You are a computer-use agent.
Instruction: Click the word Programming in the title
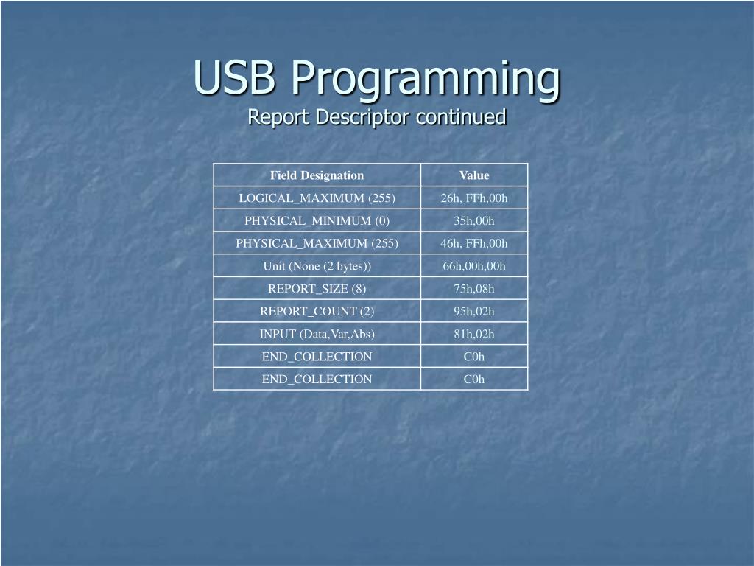(x=424, y=78)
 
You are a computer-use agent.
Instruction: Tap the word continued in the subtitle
(x=460, y=117)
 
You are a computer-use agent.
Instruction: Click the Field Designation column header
(x=317, y=175)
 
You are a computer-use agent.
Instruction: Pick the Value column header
(x=474, y=175)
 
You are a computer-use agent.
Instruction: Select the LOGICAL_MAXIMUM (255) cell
(x=317, y=198)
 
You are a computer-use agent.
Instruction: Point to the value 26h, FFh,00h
(x=474, y=198)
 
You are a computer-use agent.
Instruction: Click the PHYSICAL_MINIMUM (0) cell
(x=317, y=220)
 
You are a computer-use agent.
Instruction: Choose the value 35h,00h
(x=474, y=220)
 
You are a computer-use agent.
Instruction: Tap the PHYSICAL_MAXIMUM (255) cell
(x=317, y=243)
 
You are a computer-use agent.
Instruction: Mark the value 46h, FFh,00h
(x=474, y=243)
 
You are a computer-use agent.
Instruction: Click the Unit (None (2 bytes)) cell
(x=317, y=266)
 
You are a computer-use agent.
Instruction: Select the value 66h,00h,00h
(x=474, y=266)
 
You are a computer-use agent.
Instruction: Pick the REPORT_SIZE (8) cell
(x=317, y=289)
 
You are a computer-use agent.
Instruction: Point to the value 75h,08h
(x=474, y=289)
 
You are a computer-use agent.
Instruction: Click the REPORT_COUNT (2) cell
(x=317, y=311)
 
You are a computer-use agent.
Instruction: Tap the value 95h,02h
(x=474, y=311)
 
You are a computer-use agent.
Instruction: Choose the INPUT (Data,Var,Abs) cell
(x=317, y=334)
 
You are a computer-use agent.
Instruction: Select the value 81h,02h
(x=474, y=334)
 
